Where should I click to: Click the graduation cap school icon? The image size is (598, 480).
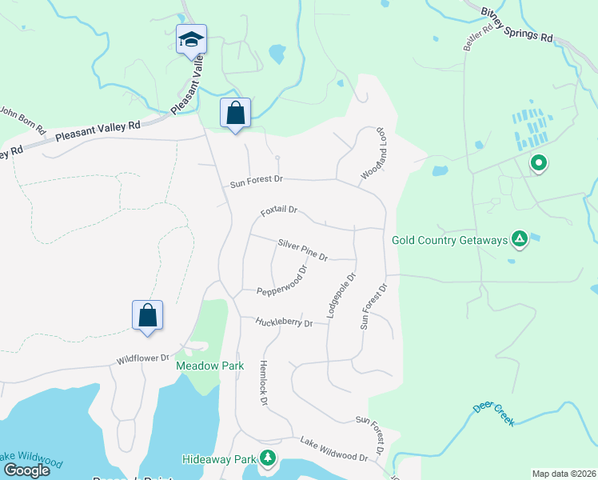pos(191,39)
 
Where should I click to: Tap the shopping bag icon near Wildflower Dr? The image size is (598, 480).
pos(148,314)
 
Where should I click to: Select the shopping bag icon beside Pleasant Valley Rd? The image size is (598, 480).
pos(235,112)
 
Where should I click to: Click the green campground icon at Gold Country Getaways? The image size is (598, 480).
pos(520,238)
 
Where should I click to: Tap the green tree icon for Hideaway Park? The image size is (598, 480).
pos(268,458)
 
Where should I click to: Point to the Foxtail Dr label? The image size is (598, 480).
pos(279,211)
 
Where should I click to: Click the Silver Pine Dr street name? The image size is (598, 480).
pos(303,250)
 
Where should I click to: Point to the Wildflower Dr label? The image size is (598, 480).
pos(145,358)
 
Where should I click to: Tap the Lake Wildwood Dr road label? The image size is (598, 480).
pos(333,450)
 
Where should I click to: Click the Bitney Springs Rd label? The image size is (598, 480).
pos(517,25)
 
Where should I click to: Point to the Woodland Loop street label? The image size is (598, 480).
pos(374,153)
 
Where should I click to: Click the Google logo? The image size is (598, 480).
pos(26,470)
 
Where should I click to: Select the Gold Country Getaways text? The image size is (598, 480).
pos(450,240)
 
